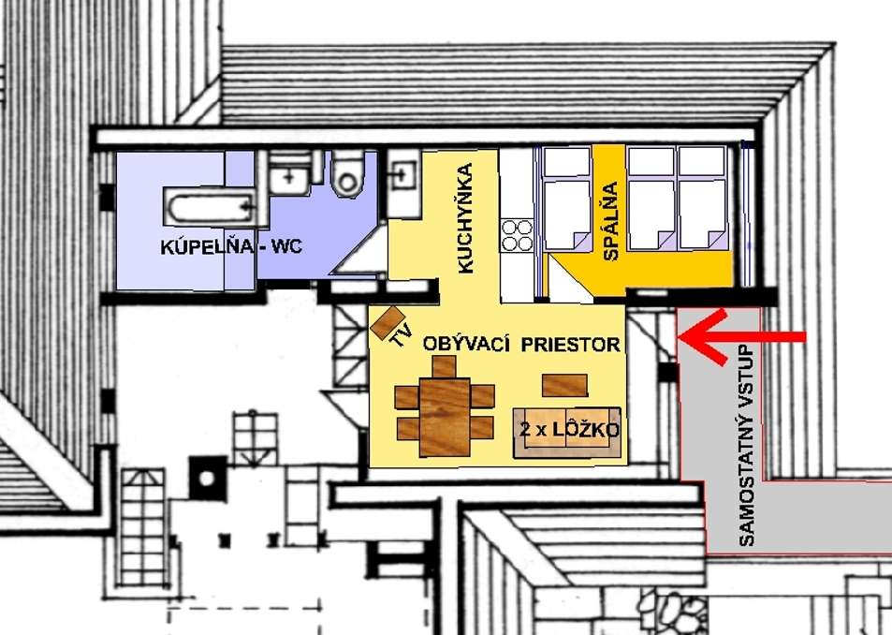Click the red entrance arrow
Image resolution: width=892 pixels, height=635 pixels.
[742, 337]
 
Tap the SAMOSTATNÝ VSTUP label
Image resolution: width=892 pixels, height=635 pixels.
[748, 446]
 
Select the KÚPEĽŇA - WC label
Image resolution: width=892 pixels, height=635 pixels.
[231, 246]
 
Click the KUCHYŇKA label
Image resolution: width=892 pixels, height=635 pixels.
[465, 218]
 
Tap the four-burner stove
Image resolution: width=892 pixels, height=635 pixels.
[517, 236]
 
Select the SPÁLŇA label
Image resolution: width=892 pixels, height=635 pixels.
[610, 221]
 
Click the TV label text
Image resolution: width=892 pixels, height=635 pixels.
[401, 334]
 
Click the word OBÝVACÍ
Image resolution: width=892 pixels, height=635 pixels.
[466, 345]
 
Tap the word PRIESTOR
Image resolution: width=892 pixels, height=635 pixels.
[571, 345]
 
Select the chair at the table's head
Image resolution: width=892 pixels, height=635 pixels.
[445, 367]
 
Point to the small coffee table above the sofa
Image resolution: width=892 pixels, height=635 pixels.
[564, 385]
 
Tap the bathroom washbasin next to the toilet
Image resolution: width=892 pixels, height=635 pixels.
[290, 173]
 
